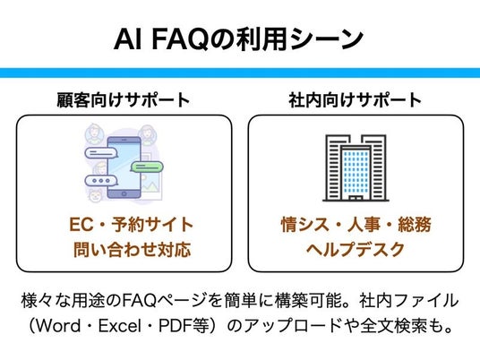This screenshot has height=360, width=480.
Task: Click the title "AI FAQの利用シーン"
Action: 239,39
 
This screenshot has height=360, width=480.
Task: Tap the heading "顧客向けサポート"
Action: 124,99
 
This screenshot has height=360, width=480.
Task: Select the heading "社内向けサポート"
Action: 356,99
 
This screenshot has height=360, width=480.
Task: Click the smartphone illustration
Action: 124,167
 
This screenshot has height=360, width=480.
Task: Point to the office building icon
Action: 356,167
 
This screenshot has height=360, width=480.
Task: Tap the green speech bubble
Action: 147,167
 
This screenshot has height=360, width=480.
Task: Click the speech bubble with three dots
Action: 101,181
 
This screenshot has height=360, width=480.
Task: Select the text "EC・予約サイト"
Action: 131,225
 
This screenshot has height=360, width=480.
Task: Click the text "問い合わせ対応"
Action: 133,249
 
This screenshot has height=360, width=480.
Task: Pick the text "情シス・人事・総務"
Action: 356,225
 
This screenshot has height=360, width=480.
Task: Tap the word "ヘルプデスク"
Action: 356,249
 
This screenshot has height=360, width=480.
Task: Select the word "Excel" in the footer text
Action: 120,325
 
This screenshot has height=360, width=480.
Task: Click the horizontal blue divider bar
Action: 240,73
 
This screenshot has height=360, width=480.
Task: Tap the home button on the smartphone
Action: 124,193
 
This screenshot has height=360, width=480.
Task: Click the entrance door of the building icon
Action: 356,198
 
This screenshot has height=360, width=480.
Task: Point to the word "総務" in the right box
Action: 415,225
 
